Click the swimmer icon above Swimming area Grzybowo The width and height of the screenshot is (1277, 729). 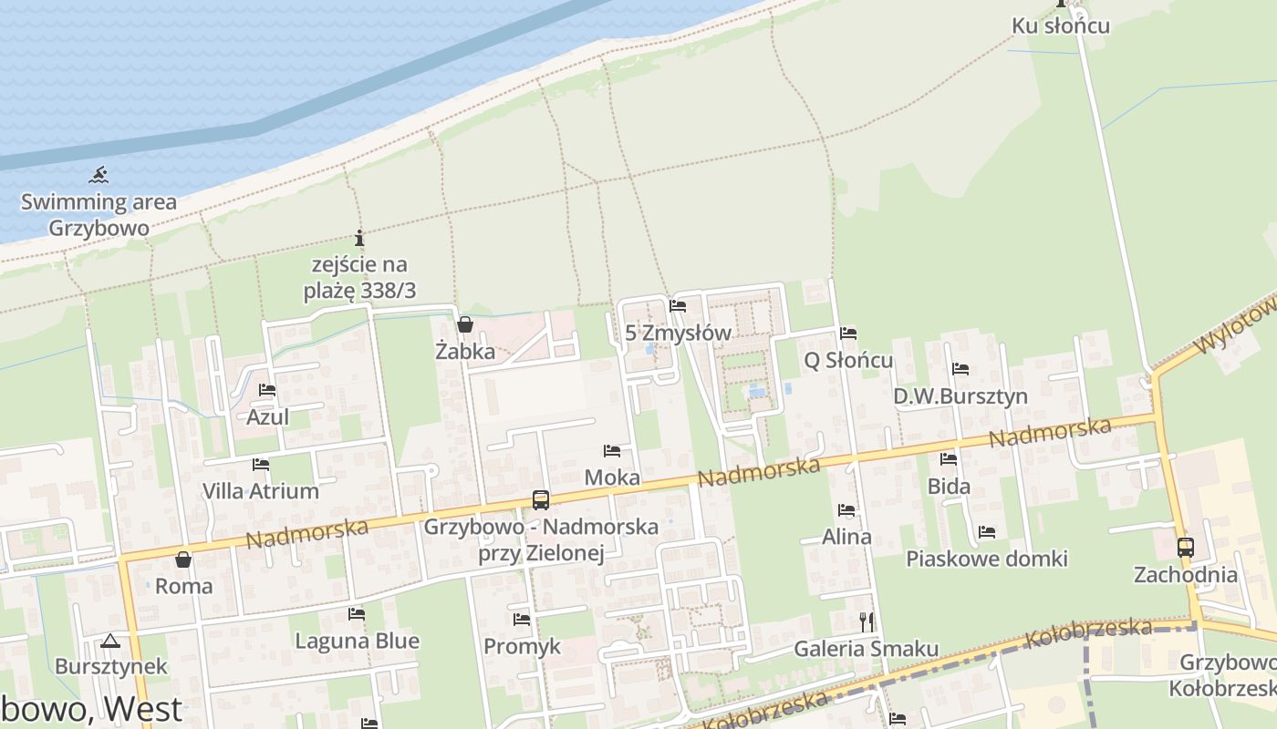point(99,174)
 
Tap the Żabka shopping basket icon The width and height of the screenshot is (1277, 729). point(465,324)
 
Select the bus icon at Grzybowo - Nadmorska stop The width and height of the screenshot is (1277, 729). point(541,499)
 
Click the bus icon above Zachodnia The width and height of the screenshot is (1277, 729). point(1186,548)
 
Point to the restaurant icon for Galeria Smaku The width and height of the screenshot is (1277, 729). point(867,621)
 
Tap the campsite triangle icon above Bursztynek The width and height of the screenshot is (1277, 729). point(110,642)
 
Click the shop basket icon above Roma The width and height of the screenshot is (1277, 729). point(183,560)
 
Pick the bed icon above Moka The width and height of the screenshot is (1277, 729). point(612,451)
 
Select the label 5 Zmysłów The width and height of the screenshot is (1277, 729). point(679,333)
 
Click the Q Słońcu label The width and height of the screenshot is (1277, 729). point(847,360)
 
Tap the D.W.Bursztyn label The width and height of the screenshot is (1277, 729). point(960,396)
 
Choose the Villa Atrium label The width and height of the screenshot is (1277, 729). point(261,491)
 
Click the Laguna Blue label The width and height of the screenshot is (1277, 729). point(357,641)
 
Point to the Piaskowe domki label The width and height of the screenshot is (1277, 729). point(986,559)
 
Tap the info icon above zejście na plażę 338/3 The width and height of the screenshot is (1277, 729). point(359,239)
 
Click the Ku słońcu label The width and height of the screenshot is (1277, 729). point(1061,26)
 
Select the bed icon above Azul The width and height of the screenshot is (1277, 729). point(267,390)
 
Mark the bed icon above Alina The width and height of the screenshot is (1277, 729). point(846,510)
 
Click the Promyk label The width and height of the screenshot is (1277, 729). point(522,646)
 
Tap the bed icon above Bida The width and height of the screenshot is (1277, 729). point(949,459)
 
